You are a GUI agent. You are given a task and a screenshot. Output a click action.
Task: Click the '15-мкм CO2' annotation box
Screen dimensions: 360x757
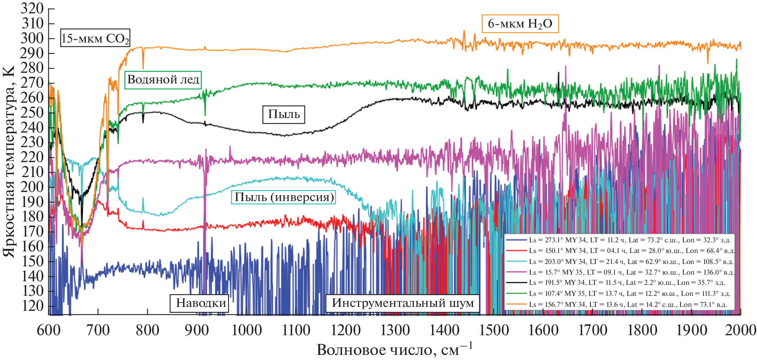[95, 39]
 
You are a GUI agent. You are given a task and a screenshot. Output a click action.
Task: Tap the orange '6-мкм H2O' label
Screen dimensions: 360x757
[520, 24]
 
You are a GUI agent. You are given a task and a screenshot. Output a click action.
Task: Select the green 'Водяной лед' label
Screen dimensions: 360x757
[163, 80]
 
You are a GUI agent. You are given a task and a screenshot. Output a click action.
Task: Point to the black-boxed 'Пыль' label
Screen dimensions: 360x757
[284, 114]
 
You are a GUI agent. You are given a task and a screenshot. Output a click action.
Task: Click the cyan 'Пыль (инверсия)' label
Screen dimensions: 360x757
[284, 197]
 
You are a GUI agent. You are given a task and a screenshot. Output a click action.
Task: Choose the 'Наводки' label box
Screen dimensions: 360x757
[199, 303]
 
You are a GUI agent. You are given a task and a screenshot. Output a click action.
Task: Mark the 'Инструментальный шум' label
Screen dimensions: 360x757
[403, 303]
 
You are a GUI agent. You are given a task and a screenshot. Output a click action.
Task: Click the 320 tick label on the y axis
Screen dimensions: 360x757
[32, 9]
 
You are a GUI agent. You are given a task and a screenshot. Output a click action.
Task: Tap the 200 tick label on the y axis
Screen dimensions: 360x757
[32, 187]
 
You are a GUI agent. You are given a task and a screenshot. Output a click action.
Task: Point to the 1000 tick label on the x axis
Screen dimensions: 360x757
[247, 330]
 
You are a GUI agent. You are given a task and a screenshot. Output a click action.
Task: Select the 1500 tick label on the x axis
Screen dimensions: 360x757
[494, 330]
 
